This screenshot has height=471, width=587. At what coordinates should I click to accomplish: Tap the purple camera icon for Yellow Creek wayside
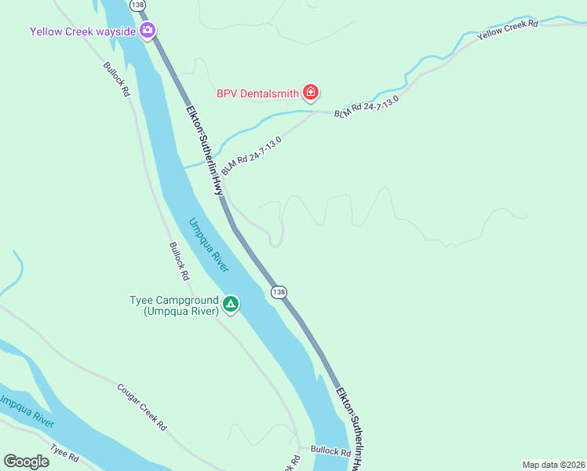click(147, 31)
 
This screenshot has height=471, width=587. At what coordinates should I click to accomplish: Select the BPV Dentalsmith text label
click(257, 93)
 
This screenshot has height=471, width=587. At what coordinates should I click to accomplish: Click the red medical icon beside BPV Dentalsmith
click(311, 93)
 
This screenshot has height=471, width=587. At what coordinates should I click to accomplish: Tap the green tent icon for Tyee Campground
click(230, 304)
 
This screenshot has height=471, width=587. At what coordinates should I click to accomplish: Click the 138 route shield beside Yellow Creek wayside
click(139, 5)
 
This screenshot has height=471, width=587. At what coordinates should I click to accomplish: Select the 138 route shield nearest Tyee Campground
click(279, 292)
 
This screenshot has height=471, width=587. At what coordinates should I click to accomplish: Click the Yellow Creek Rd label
click(508, 31)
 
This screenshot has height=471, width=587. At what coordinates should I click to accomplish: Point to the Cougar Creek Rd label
click(142, 407)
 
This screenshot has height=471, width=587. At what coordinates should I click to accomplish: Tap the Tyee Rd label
click(65, 453)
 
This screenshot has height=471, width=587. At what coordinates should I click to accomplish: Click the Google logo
click(26, 462)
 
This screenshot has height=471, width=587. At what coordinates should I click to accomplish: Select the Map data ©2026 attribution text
click(553, 465)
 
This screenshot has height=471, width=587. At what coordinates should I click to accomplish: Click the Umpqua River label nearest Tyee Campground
click(209, 244)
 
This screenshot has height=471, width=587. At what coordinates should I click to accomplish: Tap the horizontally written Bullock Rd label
click(330, 451)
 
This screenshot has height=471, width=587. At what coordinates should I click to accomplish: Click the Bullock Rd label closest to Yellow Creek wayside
click(116, 78)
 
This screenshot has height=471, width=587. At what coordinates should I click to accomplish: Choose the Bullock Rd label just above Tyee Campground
click(179, 261)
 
